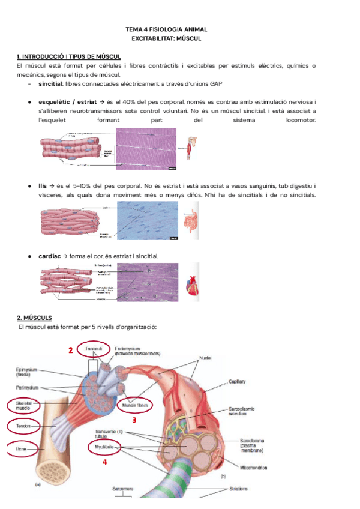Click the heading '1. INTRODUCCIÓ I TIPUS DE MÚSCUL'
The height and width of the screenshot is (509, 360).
click(70, 56)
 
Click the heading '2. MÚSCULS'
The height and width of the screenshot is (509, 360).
click(34, 317)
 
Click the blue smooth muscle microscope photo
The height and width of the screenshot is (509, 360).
click(148, 221)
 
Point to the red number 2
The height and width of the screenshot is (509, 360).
click(70, 350)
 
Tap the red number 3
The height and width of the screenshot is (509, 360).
click(134, 420)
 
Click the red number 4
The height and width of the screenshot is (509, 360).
click(104, 462)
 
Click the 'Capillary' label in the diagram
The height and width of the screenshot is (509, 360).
click(236, 381)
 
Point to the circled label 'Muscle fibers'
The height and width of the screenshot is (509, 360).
click(134, 405)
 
